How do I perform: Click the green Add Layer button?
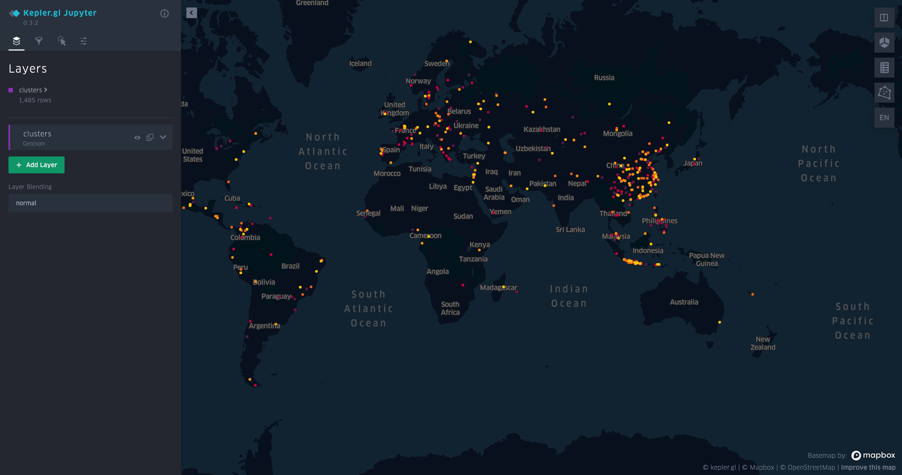pos(36,165)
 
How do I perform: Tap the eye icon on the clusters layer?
pos(137,137)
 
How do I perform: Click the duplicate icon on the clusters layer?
pos(150,137)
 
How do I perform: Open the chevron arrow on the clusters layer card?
pos(163,137)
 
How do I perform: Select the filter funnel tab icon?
pos(39,41)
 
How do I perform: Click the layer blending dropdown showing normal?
pos(90,203)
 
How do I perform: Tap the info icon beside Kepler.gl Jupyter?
pos(164,13)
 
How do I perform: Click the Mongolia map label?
pos(617,133)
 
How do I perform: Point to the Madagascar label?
pos(498,288)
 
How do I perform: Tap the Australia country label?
pos(684,302)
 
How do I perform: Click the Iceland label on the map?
pos(360,63)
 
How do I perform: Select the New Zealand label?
pos(763,343)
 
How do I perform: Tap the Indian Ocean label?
pos(569,296)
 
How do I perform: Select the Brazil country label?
pos(290,266)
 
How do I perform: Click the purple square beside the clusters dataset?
pos(11,90)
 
